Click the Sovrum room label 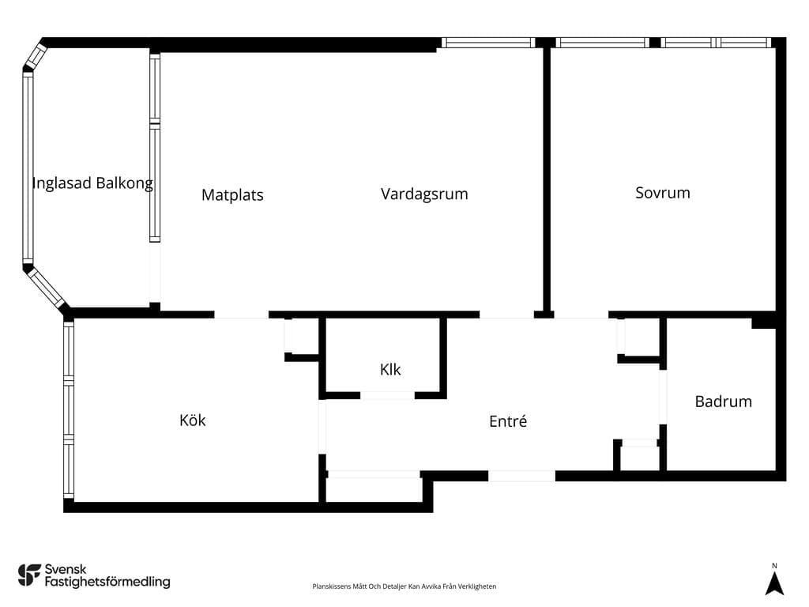point(663,193)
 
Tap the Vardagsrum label point(424,194)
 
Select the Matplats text point(232,195)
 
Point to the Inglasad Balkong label point(92,183)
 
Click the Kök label point(193,420)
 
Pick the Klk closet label point(390,370)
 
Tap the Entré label point(508,421)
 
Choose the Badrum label point(724,402)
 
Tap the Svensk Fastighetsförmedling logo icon point(29,575)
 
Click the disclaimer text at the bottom point(404,586)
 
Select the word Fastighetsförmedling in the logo point(107,582)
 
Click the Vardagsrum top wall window point(488,43)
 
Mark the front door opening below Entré point(521,476)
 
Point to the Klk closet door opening point(387,395)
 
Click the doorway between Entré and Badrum point(663,398)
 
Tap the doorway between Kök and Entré point(322,426)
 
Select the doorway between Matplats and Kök point(242,315)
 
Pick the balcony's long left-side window point(28,168)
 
